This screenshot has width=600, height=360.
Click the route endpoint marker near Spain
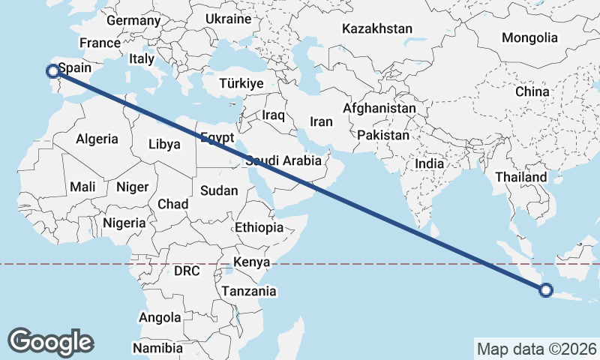[x=52, y=71]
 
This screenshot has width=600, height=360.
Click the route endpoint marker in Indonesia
[x=546, y=290]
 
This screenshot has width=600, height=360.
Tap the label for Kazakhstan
[x=377, y=29]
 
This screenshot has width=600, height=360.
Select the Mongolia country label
[x=529, y=37]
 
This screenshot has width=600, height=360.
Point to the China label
[x=532, y=91]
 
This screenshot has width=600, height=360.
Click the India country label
[x=430, y=163]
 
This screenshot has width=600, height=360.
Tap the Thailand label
[x=521, y=177]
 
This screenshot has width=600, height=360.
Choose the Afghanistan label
[x=379, y=108]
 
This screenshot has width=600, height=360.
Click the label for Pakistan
[x=383, y=136]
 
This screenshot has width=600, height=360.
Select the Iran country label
[x=321, y=121]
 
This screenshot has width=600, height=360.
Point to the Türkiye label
[x=241, y=83]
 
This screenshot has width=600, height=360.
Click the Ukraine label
[x=228, y=18]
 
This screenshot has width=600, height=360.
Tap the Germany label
[x=133, y=20]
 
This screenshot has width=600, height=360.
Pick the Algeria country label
[x=97, y=139]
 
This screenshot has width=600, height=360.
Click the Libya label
[x=165, y=144]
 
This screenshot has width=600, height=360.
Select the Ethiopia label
[x=259, y=227]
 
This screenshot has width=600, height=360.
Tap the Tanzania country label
[x=249, y=291]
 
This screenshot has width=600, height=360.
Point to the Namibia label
[x=157, y=348]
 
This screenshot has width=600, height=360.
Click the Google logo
[x=50, y=342]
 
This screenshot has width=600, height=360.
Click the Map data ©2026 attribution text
[x=537, y=349]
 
